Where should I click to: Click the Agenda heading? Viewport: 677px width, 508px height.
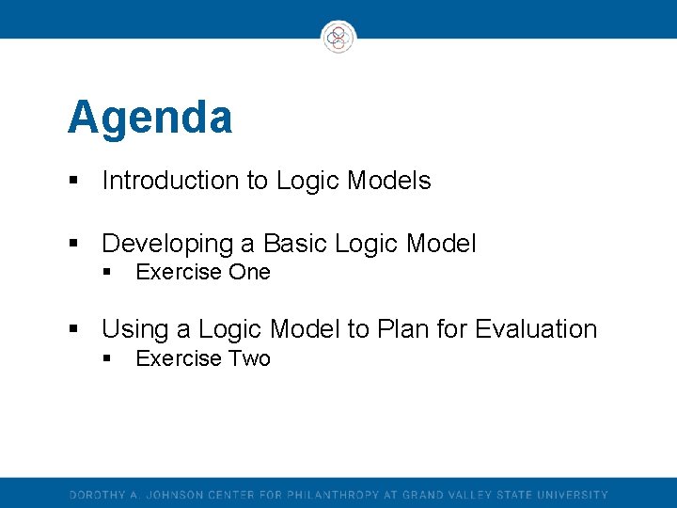coord(150,119)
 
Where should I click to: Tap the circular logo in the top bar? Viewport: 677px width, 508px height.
coord(338,37)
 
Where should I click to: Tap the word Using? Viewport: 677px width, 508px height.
coord(134,330)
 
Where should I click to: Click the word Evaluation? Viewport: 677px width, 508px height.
coord(536,329)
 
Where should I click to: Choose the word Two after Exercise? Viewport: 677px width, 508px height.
coord(248,358)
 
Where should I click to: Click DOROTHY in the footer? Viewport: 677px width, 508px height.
coord(96,495)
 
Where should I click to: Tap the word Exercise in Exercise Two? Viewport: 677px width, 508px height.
coord(179,358)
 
